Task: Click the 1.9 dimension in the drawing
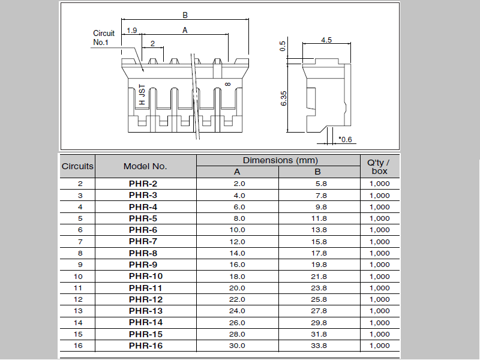[x=132, y=30]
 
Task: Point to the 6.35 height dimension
[x=283, y=98]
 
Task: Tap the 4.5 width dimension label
[x=326, y=40]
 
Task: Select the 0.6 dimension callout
[x=346, y=140]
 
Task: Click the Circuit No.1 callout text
[x=104, y=38]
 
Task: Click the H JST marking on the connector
[x=142, y=95]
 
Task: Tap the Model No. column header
[x=145, y=166]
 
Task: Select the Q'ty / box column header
[x=379, y=166]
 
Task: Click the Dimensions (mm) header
[x=280, y=160]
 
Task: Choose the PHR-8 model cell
[x=143, y=253]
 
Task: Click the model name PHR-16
[x=145, y=346]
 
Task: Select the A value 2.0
[x=239, y=184]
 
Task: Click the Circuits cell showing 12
[x=78, y=299]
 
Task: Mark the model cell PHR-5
[x=143, y=218]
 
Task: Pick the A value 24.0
[x=238, y=311]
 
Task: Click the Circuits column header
[x=78, y=166]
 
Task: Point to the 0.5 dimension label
[x=283, y=46]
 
